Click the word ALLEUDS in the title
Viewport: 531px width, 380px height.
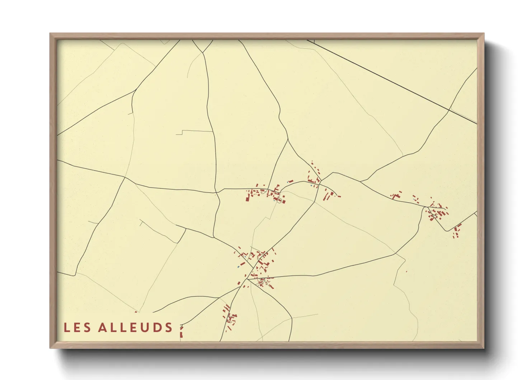[136, 328]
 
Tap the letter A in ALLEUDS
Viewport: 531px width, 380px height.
[103, 328]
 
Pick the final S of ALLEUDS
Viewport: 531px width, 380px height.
[169, 328]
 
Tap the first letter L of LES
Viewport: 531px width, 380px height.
[67, 328]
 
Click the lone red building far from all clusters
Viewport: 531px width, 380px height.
[407, 272]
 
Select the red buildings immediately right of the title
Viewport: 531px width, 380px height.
[181, 331]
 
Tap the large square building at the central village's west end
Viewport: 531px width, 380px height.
[248, 198]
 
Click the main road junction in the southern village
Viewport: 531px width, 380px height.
[248, 279]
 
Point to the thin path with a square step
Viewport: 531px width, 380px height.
[183, 132]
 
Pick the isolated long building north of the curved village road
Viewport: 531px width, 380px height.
[291, 181]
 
